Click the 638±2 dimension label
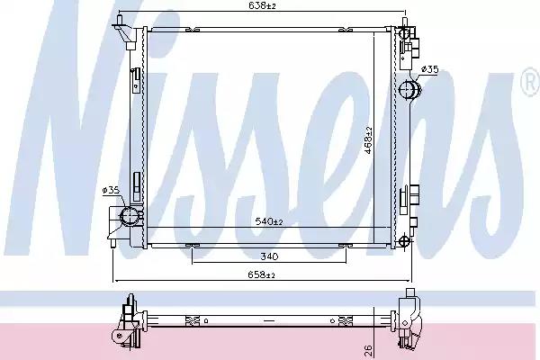pyautogui.click(x=263, y=5)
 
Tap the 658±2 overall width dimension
pyautogui.click(x=262, y=274)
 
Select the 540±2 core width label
pyautogui.click(x=269, y=221)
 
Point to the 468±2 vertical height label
pyautogui.click(x=368, y=139)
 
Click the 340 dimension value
pyautogui.click(x=269, y=256)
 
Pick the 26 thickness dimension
pyautogui.click(x=368, y=351)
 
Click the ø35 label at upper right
pyautogui.click(x=430, y=69)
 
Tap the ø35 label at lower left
pyautogui.click(x=111, y=190)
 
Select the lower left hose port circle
pyautogui.click(x=130, y=216)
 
